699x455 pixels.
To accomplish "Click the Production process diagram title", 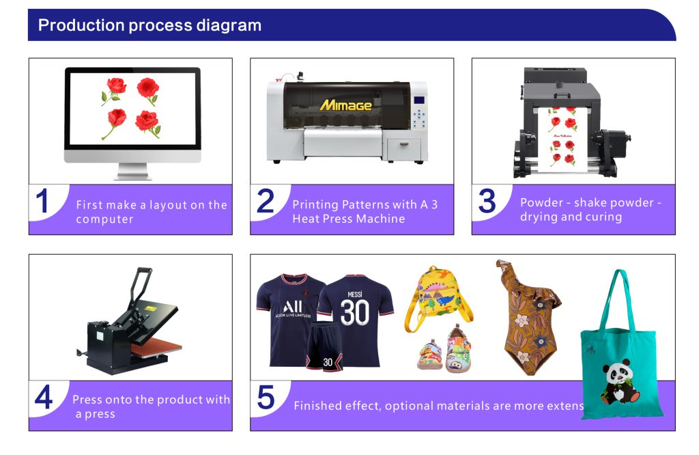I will [149, 25].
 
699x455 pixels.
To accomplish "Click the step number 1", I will [43, 202].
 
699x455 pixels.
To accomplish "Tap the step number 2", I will [265, 202].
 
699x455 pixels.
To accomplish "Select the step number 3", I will [487, 202].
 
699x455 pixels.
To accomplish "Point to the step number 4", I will [43, 398].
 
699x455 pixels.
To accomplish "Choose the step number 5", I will [266, 398].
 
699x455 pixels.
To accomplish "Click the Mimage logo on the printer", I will [345, 105].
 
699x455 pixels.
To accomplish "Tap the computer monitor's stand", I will [133, 171].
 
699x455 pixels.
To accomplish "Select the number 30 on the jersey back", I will [354, 312].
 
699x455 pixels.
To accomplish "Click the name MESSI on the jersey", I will [354, 294].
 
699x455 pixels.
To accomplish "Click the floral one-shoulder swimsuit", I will [527, 318].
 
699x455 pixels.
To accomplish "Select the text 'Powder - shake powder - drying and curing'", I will [590, 210].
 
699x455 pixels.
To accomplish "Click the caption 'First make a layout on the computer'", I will [151, 212].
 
